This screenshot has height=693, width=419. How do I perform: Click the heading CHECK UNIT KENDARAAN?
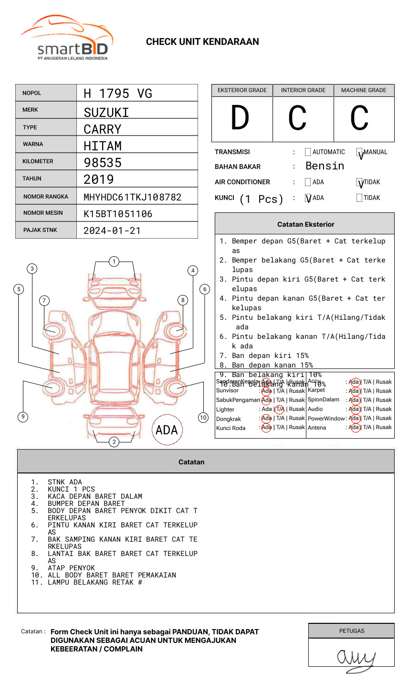click(x=202, y=42)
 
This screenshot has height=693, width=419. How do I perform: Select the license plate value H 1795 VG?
click(x=118, y=94)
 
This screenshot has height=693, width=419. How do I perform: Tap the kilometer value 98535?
click(x=103, y=163)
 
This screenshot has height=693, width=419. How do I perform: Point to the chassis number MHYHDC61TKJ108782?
click(x=132, y=197)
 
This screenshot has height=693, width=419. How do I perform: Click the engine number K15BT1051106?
click(x=118, y=214)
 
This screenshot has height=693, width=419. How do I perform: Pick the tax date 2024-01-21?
click(x=112, y=231)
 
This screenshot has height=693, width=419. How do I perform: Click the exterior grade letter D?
click(x=240, y=118)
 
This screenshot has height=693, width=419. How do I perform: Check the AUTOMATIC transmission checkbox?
click(x=308, y=152)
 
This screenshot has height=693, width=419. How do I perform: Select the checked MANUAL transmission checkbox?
click(x=360, y=153)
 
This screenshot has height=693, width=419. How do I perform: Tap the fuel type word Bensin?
click(x=325, y=166)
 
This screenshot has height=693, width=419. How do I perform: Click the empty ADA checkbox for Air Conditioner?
click(x=308, y=182)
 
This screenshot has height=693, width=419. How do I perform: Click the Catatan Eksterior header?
click(x=305, y=224)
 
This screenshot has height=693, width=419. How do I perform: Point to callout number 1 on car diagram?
click(x=114, y=262)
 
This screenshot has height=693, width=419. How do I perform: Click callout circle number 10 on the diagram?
click(x=203, y=418)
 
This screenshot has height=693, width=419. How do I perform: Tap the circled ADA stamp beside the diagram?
click(x=167, y=430)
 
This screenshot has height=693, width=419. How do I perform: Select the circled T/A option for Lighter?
click(x=280, y=409)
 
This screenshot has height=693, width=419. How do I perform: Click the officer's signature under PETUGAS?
click(x=356, y=658)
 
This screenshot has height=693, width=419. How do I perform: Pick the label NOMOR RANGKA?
click(x=46, y=197)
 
